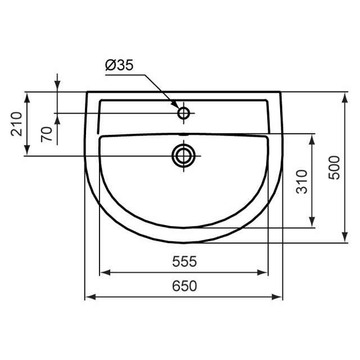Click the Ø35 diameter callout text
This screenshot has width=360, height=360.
click(119, 66)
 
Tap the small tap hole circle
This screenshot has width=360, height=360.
click(183, 113)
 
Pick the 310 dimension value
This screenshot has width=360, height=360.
click(303, 181)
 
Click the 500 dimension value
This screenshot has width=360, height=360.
click(335, 167)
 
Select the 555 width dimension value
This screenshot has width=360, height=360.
click(184, 262)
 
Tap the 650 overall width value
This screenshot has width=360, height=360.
click(184, 286)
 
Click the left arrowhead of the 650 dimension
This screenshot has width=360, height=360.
click(89, 297)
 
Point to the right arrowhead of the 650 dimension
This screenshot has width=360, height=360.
click(277, 297)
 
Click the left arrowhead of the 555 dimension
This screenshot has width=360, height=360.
click(103, 273)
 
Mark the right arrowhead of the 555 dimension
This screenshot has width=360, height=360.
click(263, 273)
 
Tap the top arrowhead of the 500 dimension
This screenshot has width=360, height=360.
click(344, 96)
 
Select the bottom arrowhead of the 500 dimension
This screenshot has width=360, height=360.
click(344, 239)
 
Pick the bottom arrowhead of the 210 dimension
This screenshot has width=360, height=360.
click(26, 151)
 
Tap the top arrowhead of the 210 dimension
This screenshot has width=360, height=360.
click(26, 96)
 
